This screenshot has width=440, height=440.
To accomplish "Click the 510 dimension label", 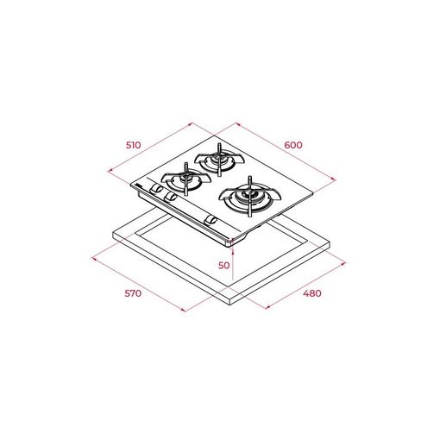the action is click(134, 145).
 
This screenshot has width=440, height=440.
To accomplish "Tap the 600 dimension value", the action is click(293, 145).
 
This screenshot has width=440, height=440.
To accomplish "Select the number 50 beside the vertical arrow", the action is click(224, 266).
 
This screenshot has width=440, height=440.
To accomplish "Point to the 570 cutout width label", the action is click(133, 293).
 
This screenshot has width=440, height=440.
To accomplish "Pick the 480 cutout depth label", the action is click(312, 293).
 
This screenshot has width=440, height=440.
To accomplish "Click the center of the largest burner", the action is click(249, 197).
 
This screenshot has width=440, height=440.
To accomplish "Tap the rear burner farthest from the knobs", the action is click(219, 160).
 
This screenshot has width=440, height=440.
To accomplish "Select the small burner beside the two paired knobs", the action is click(186, 179).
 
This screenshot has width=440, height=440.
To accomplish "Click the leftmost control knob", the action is click(155, 188).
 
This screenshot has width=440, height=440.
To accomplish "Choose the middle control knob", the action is click(170, 197).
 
